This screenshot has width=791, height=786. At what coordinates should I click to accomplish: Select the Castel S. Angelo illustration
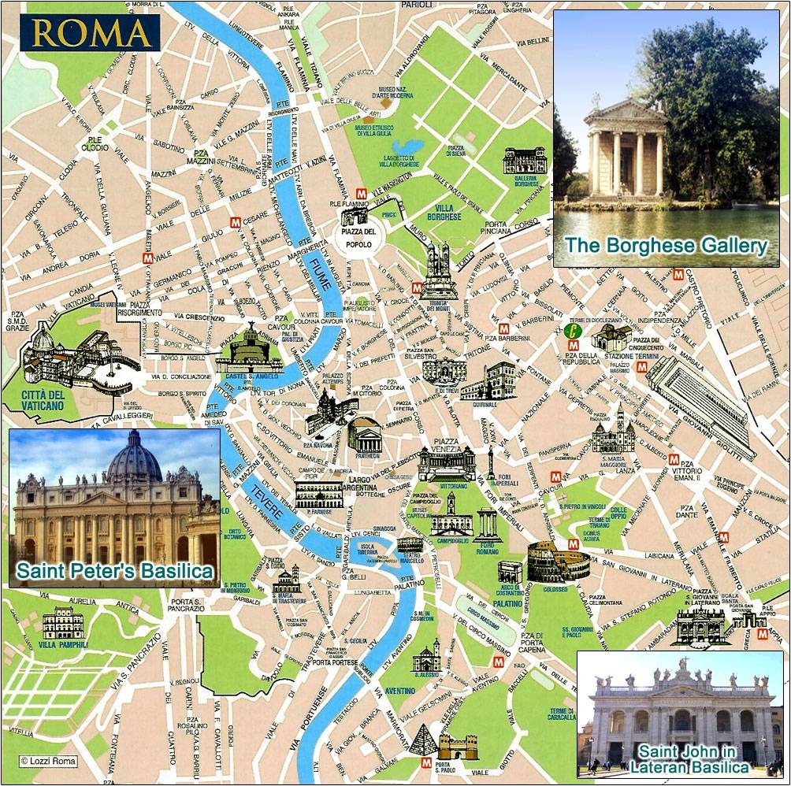[248, 350]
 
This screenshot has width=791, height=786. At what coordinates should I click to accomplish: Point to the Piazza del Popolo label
[358, 237]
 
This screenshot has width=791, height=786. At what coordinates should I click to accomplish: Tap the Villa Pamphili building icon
[63, 624]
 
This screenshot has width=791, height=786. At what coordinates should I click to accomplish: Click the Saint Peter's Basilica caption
[116, 571]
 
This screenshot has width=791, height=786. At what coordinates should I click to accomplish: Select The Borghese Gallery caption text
[666, 246]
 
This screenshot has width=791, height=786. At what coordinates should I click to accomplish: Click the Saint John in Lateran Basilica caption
[682, 758]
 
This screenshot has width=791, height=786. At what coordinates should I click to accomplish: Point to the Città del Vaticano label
[32, 399]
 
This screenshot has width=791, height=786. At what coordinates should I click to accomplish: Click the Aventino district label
[399, 691]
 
